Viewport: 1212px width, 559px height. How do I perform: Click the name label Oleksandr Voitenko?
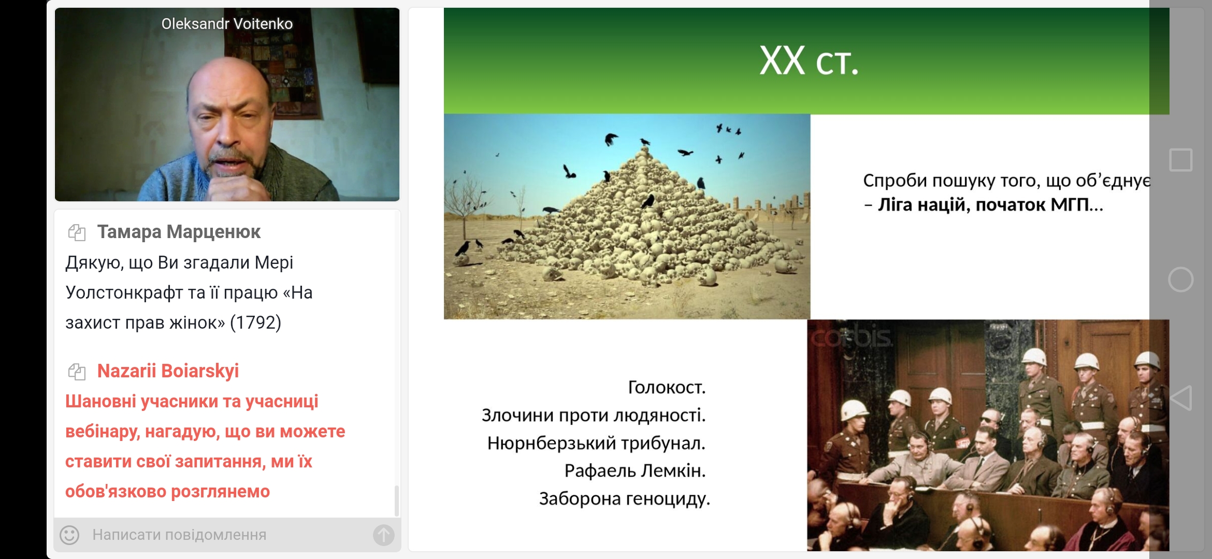pyautogui.click(x=227, y=24)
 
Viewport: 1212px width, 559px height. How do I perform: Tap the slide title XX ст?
pyautogui.click(x=809, y=61)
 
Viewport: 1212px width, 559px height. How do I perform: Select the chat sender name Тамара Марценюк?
pyautogui.click(x=179, y=232)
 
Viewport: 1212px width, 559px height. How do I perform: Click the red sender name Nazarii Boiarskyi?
pyautogui.click(x=168, y=371)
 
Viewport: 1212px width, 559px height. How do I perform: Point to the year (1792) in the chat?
pyautogui.click(x=255, y=322)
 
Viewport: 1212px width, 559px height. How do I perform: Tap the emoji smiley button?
pyautogui.click(x=69, y=535)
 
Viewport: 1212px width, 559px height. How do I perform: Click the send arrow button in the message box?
pyautogui.click(x=384, y=535)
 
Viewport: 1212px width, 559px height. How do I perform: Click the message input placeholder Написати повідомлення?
pyautogui.click(x=179, y=535)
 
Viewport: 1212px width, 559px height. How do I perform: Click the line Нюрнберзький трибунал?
pyautogui.click(x=596, y=443)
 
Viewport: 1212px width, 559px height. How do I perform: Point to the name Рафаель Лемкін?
pyautogui.click(x=635, y=470)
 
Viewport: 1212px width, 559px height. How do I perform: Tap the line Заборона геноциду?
pyautogui.click(x=624, y=498)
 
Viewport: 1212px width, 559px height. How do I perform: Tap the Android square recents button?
pyautogui.click(x=1181, y=160)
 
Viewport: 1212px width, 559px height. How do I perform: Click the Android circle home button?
pyautogui.click(x=1181, y=280)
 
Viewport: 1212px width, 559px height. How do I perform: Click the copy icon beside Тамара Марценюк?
pyautogui.click(x=77, y=232)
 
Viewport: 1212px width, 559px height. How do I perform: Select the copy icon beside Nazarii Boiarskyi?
pyautogui.click(x=77, y=372)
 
